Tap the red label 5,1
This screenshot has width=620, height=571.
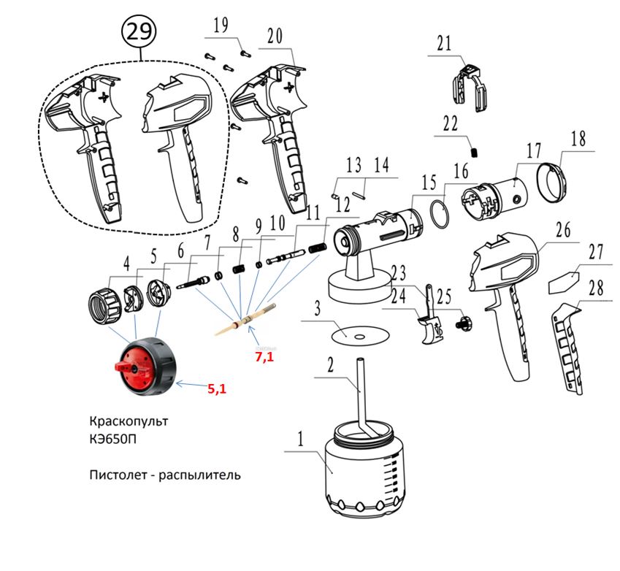(x=217, y=388)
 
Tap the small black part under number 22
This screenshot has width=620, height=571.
(x=474, y=153)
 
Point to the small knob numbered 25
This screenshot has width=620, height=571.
(x=462, y=321)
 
